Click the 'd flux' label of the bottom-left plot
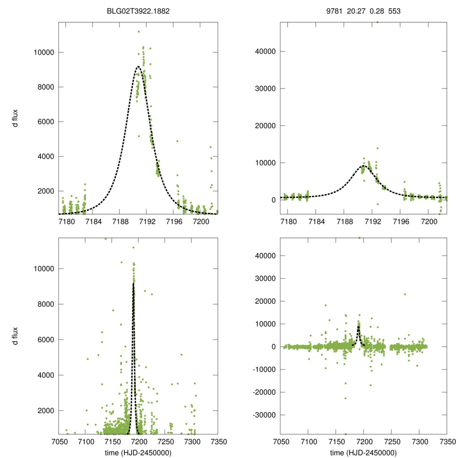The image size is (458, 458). pos(15,336)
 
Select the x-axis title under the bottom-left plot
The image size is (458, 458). pos(139,452)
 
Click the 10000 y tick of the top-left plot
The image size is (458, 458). pos(44,52)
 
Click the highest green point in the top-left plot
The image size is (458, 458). pos(139,32)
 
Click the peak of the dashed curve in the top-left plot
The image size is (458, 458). pos(138,67)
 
